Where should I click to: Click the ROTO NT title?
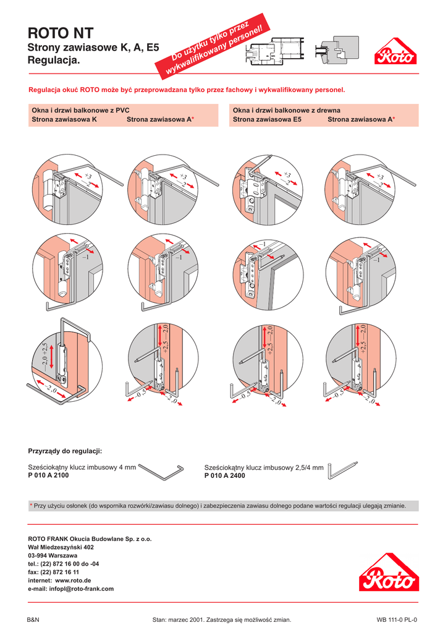tap(61, 33)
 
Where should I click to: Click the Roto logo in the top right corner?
tap(396, 54)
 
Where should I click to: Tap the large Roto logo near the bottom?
tap(389, 573)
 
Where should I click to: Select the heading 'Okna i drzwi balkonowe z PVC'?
tap(76, 109)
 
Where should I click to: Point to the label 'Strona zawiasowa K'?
tap(64, 119)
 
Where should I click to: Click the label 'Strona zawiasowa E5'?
tap(267, 119)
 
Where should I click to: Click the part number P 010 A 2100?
tap(48, 475)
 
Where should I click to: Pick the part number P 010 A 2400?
tap(224, 475)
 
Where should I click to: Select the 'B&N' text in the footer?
tap(34, 619)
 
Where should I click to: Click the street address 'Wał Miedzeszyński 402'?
tap(61, 547)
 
